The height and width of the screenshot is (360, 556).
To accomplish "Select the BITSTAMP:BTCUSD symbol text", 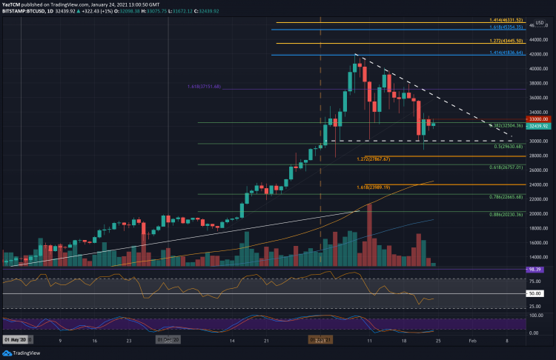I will click(22, 12).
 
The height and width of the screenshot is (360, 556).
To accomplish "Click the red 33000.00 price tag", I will click(537, 119).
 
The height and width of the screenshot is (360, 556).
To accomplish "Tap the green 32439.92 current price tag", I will click(537, 126).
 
